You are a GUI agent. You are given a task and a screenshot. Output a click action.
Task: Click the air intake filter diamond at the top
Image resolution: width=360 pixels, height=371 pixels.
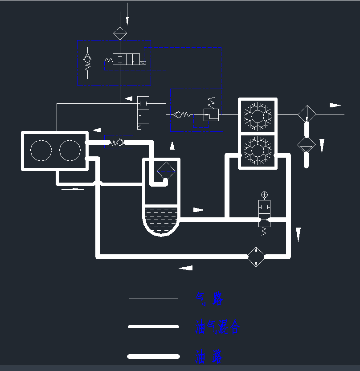(x=120, y=33)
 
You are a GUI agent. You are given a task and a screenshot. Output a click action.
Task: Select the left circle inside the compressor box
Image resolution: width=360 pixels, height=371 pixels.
(x=41, y=150)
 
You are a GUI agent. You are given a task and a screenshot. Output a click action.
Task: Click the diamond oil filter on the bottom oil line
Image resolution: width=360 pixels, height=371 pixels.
(x=256, y=257)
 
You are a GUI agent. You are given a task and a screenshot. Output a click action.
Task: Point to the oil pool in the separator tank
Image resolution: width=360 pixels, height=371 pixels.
(x=161, y=218)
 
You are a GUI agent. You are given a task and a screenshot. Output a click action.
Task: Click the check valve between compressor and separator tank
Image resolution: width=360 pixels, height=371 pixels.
(x=118, y=143)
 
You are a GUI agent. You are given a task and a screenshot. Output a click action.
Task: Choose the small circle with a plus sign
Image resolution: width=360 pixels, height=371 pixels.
(x=265, y=195)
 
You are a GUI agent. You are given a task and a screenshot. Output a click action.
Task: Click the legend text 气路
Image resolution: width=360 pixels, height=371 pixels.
(x=209, y=298)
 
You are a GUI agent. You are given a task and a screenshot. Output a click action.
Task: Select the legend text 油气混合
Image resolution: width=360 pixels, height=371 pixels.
(x=218, y=327)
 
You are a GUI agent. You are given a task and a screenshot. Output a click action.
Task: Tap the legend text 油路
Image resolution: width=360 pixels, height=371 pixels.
(x=209, y=356)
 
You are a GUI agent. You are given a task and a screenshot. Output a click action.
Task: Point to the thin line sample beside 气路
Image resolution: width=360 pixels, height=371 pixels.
(x=153, y=298)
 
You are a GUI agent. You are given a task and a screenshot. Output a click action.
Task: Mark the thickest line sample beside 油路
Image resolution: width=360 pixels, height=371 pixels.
(x=153, y=356)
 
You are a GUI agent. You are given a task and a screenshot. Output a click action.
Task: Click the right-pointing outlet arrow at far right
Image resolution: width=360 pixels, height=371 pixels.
(x=335, y=106)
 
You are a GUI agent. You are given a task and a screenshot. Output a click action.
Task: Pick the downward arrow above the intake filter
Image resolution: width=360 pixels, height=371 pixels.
(x=127, y=20)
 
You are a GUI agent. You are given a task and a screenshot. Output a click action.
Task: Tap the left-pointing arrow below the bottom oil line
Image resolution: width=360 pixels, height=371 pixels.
(x=186, y=268)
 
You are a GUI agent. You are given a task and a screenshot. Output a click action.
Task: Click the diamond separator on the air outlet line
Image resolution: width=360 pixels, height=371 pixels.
(x=307, y=114)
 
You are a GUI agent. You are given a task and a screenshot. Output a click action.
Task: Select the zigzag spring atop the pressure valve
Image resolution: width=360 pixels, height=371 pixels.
(x=212, y=102)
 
